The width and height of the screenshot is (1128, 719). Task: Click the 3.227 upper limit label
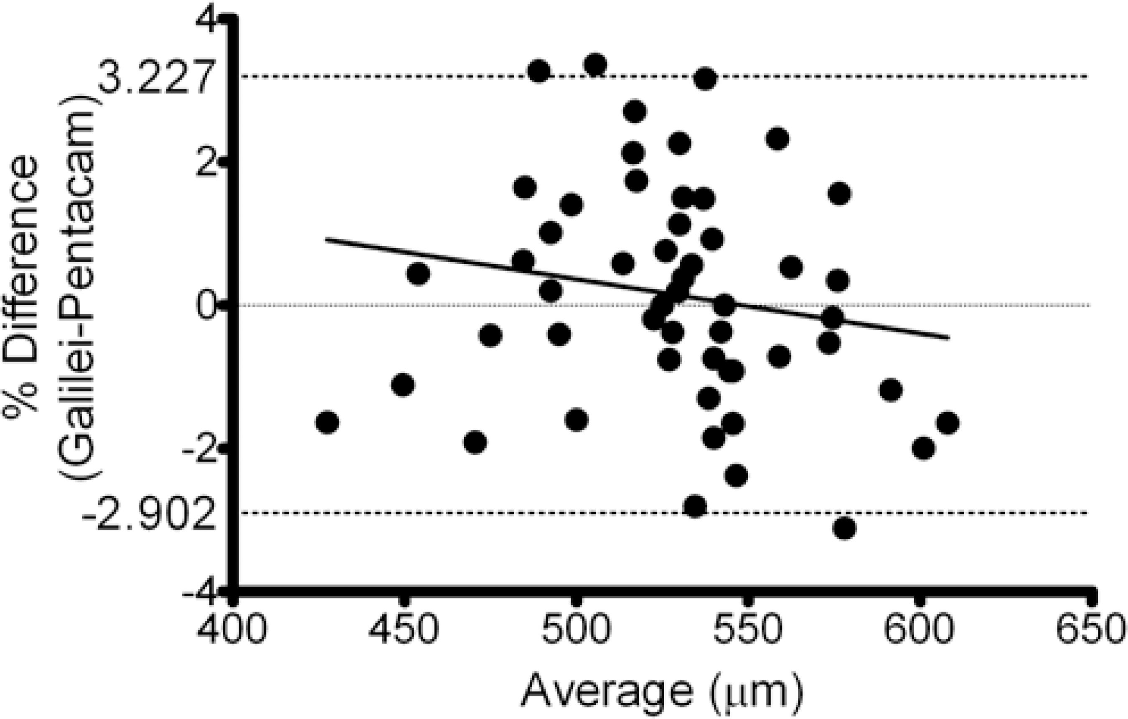coord(155,77)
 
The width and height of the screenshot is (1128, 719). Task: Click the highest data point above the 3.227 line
coord(595,65)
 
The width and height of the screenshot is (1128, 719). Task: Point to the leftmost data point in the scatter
coord(328,422)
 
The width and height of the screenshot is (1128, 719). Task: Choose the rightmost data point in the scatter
coord(948,423)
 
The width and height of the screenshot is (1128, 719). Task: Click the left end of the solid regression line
coord(327,239)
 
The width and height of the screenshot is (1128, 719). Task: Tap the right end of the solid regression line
coord(949,337)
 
